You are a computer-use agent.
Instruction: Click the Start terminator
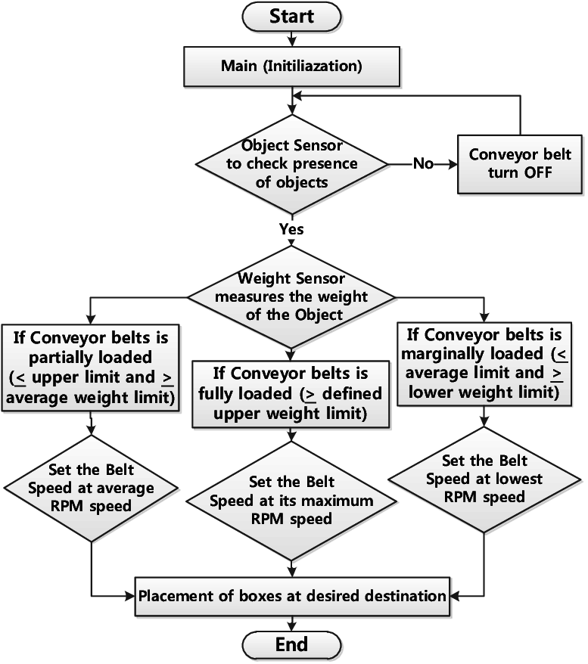click(x=291, y=16)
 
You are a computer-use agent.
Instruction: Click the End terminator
click(x=291, y=644)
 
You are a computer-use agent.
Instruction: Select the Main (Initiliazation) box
click(x=291, y=66)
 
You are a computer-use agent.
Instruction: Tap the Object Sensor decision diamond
click(x=291, y=163)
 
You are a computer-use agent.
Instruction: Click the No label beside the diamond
click(x=424, y=164)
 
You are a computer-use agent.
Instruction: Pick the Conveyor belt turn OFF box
click(x=520, y=163)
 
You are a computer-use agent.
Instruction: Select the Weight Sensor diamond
click(x=291, y=296)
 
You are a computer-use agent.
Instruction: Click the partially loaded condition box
click(x=91, y=367)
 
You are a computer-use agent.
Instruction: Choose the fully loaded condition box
click(x=291, y=393)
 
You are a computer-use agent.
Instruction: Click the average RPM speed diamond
click(x=91, y=488)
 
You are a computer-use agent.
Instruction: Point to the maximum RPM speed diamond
click(x=291, y=501)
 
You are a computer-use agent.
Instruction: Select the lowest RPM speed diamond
click(x=484, y=479)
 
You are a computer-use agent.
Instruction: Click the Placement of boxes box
click(x=291, y=596)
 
